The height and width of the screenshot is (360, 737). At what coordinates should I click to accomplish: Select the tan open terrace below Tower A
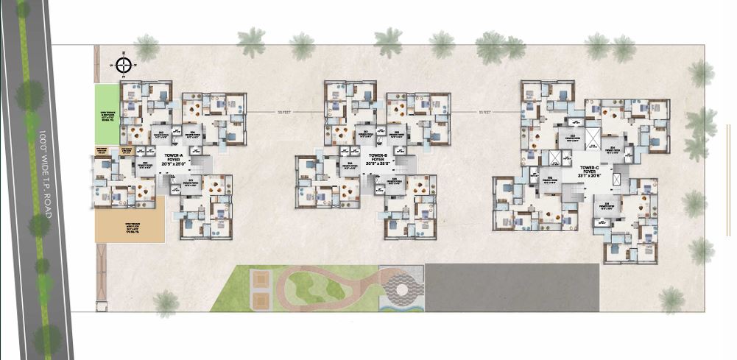point(129,219)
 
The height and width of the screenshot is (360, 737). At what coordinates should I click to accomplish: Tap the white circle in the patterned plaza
point(403,290)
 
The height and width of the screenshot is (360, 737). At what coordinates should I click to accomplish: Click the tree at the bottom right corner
point(671,300)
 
